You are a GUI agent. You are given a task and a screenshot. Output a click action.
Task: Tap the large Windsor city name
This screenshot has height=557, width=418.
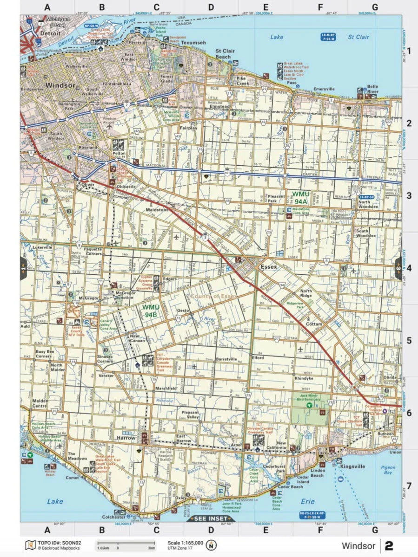click(60, 85)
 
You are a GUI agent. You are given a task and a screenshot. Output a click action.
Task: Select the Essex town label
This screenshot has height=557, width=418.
click(269, 267)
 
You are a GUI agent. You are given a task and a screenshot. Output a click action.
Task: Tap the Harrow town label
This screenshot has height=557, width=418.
click(126, 438)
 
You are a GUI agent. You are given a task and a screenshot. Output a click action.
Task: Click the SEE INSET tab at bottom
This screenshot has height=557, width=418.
click(211, 518)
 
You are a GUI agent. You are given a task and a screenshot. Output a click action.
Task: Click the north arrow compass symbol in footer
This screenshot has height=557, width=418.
click(212, 545)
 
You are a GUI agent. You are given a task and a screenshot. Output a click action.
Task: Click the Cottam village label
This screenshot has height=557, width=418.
click(315, 324)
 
